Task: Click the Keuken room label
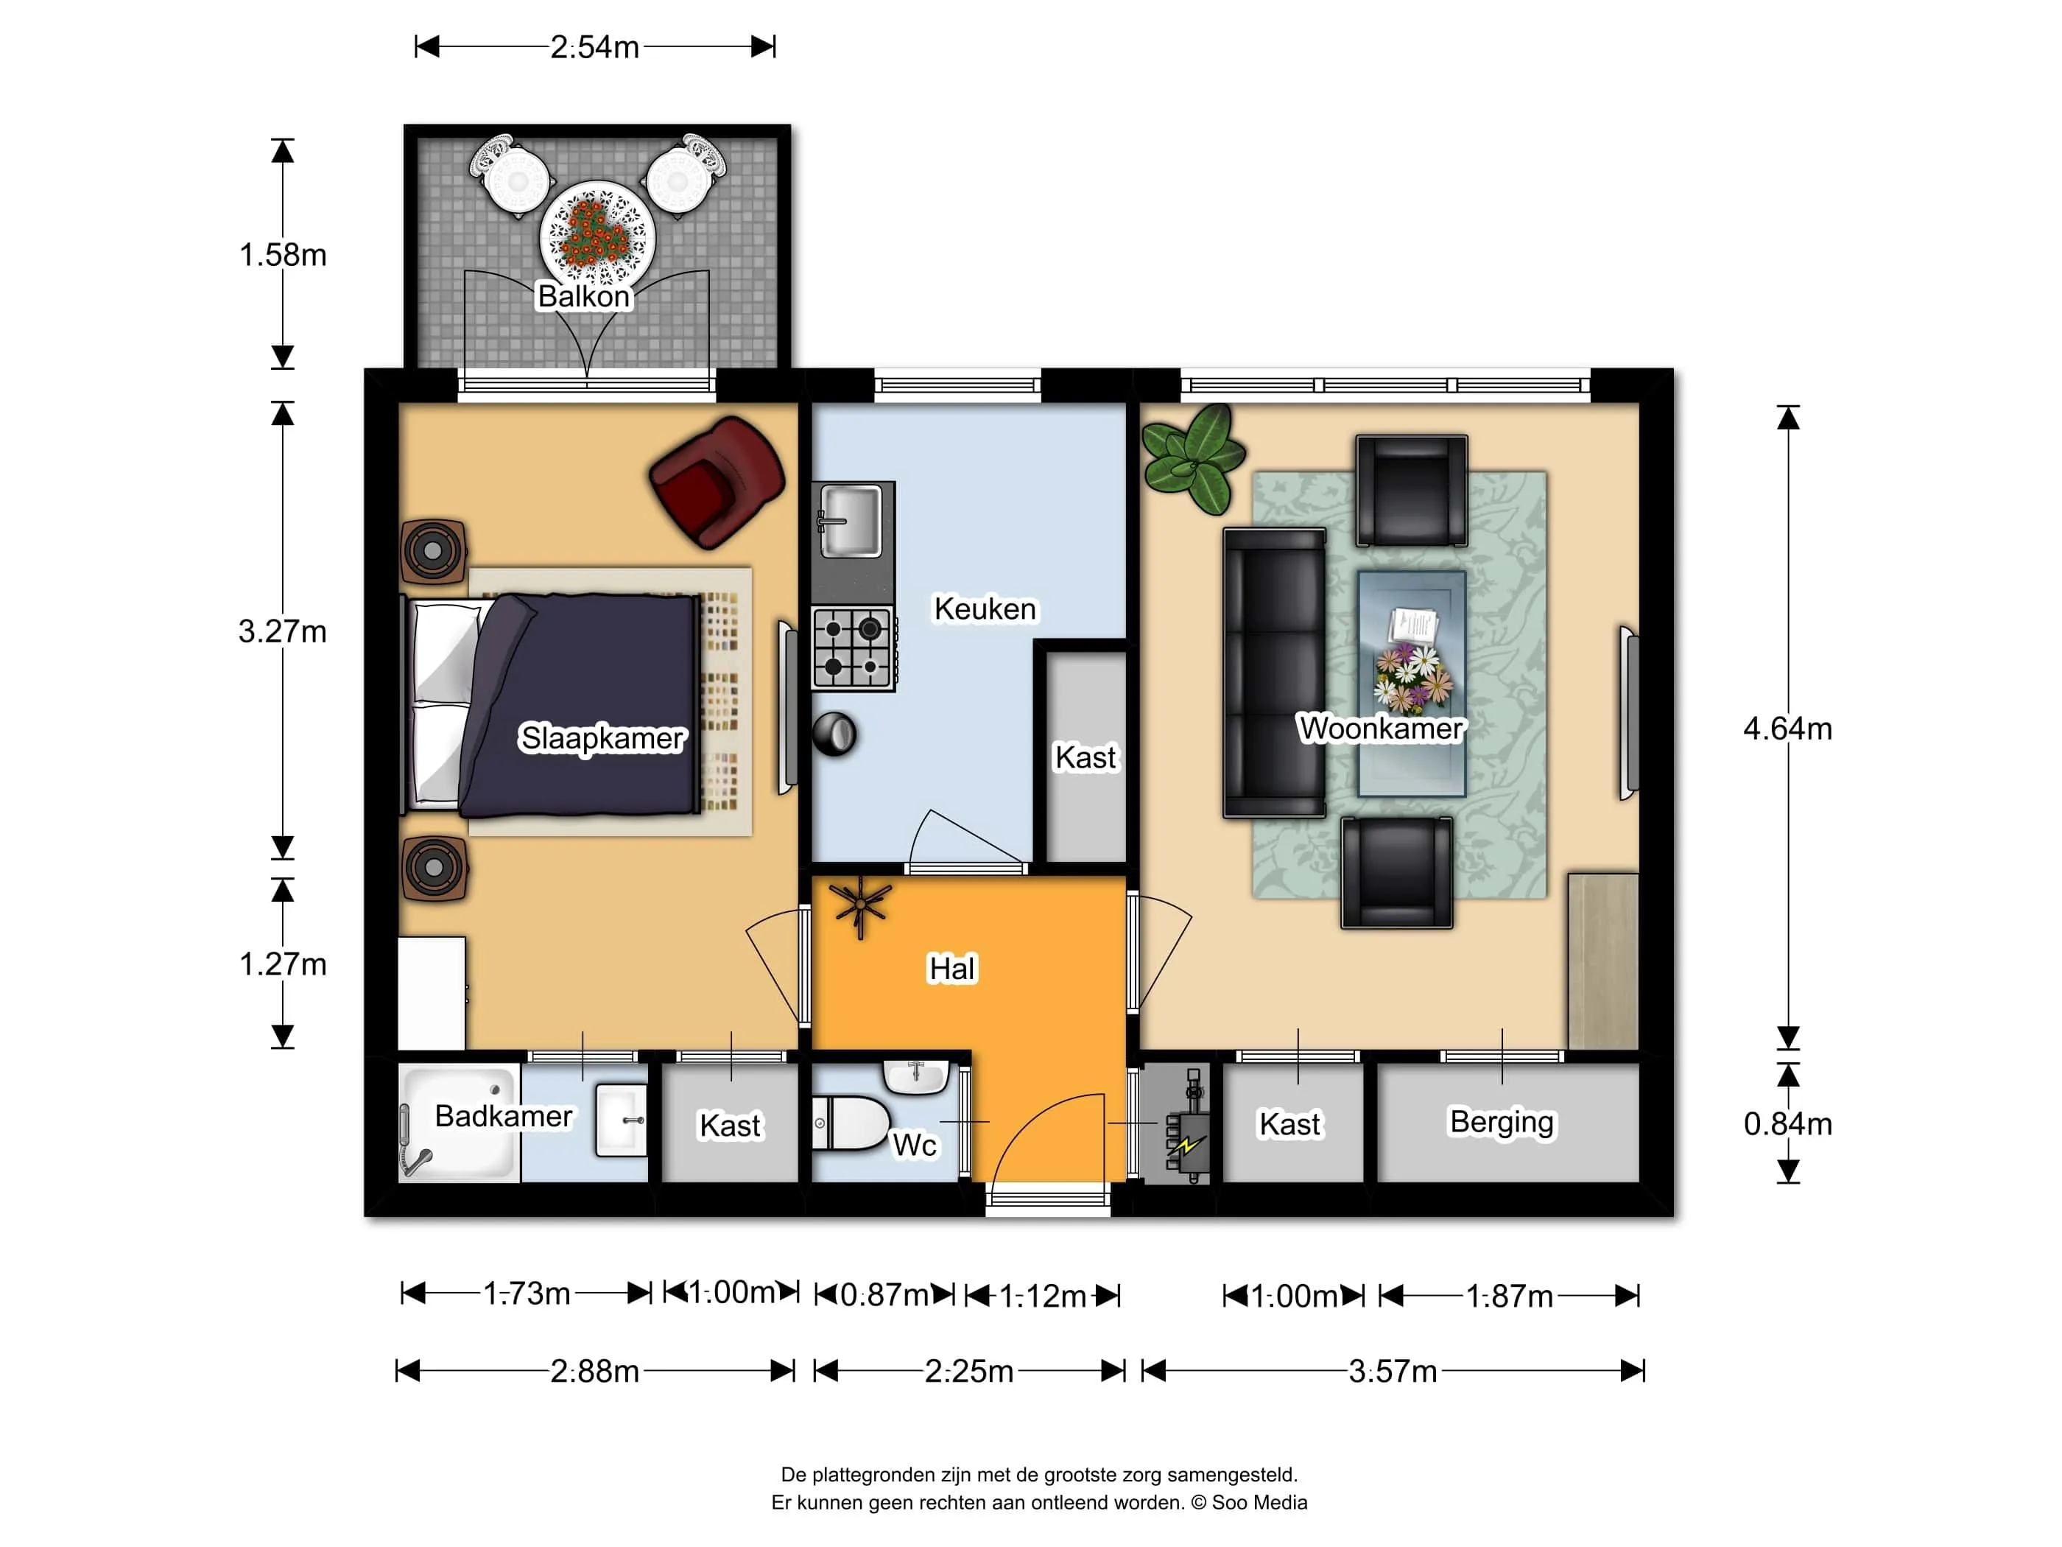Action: coord(985,609)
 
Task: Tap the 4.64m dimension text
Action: coord(1787,729)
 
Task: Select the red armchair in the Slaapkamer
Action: coord(717,481)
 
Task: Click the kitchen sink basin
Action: coord(850,520)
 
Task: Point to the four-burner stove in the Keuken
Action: coord(853,648)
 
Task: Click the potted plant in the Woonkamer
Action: coord(1193,457)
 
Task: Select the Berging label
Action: coord(1501,1123)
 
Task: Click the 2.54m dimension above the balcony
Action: coord(595,46)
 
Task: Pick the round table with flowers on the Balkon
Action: coord(597,235)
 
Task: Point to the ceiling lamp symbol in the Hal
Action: coord(860,906)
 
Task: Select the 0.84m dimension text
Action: coord(1787,1123)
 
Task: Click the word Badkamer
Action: coord(504,1116)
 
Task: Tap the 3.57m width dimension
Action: coord(1393,1371)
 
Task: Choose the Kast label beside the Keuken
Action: coord(1085,757)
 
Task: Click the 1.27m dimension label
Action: coord(283,964)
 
